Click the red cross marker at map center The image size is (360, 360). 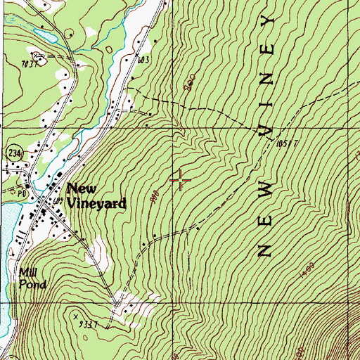point(180,181)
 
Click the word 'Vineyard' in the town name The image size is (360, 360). point(98,203)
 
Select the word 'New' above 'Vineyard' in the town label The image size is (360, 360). point(79,190)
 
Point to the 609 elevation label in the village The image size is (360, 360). point(58,202)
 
